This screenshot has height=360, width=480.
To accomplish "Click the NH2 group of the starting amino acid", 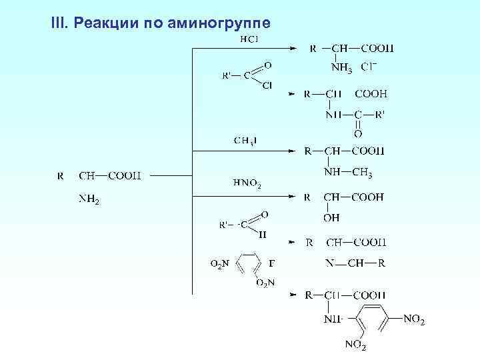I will coord(89,199).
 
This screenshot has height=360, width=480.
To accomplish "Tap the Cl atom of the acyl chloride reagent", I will coord(267,85).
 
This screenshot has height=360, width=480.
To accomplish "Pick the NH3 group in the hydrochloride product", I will coord(342,67).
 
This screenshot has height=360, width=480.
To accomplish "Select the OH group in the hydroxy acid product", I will coord(331,218).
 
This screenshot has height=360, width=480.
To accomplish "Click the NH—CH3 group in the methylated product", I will coord(347,173).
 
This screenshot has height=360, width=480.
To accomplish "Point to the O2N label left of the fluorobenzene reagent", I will coord(220,265).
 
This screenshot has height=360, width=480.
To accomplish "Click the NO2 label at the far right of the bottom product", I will coord(414,321).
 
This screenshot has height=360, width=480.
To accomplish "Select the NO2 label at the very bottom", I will coord(355,345).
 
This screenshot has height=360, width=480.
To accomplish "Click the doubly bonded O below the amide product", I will coord(357,134).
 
